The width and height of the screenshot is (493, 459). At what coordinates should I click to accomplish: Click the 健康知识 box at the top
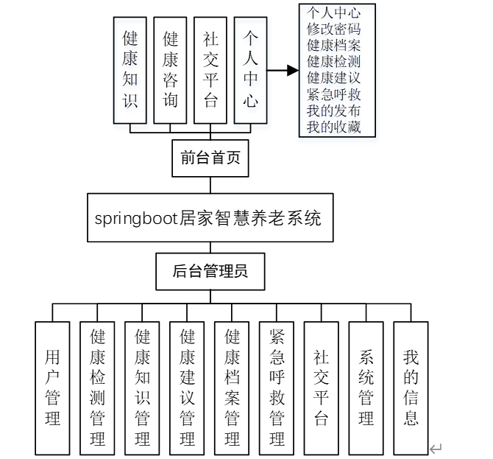(x=130, y=69)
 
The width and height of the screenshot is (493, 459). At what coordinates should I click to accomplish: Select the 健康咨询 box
(x=171, y=69)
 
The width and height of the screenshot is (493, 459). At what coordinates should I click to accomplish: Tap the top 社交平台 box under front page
(x=210, y=69)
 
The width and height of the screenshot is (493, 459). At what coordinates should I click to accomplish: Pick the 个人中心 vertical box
(x=251, y=69)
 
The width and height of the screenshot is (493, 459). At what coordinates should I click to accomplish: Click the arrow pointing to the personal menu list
(x=283, y=71)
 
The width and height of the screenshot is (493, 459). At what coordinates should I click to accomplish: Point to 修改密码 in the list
(x=334, y=28)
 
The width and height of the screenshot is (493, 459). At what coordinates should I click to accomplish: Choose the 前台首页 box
(x=210, y=158)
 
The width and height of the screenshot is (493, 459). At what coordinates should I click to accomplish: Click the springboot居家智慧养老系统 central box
(x=208, y=218)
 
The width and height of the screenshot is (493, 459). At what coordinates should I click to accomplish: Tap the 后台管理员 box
(x=210, y=271)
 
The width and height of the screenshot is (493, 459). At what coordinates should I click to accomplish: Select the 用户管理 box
(x=53, y=388)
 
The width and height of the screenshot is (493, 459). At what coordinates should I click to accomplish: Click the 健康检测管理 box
(x=98, y=388)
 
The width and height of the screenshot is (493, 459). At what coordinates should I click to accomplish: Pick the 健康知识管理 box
(x=143, y=388)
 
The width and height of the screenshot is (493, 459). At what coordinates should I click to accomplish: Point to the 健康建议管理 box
(x=188, y=388)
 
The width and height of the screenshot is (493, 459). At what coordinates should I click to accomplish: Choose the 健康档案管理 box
(x=233, y=388)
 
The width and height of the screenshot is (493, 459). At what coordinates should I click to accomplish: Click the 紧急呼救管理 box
(x=277, y=388)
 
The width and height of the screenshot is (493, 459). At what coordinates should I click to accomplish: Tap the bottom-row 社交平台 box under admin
(x=322, y=388)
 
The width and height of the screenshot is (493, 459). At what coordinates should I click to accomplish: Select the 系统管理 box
(x=366, y=388)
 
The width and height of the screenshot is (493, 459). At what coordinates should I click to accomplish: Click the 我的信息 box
(x=411, y=388)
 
